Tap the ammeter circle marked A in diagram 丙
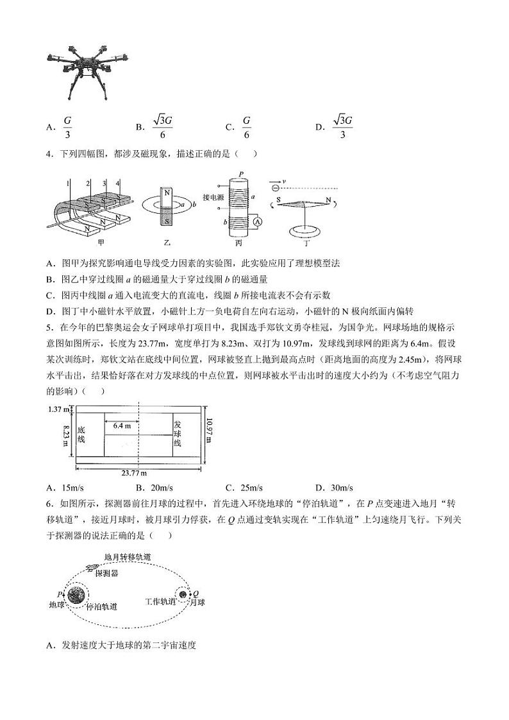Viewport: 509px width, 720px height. point(256,221)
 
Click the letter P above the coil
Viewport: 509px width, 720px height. point(240,174)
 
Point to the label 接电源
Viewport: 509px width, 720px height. point(213,197)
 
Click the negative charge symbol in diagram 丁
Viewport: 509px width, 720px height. point(274,188)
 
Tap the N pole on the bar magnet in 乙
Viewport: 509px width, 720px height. point(167,193)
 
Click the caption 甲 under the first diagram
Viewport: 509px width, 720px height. point(100,243)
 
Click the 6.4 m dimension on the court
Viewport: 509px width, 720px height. point(122,425)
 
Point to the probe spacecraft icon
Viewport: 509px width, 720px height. point(94,567)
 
